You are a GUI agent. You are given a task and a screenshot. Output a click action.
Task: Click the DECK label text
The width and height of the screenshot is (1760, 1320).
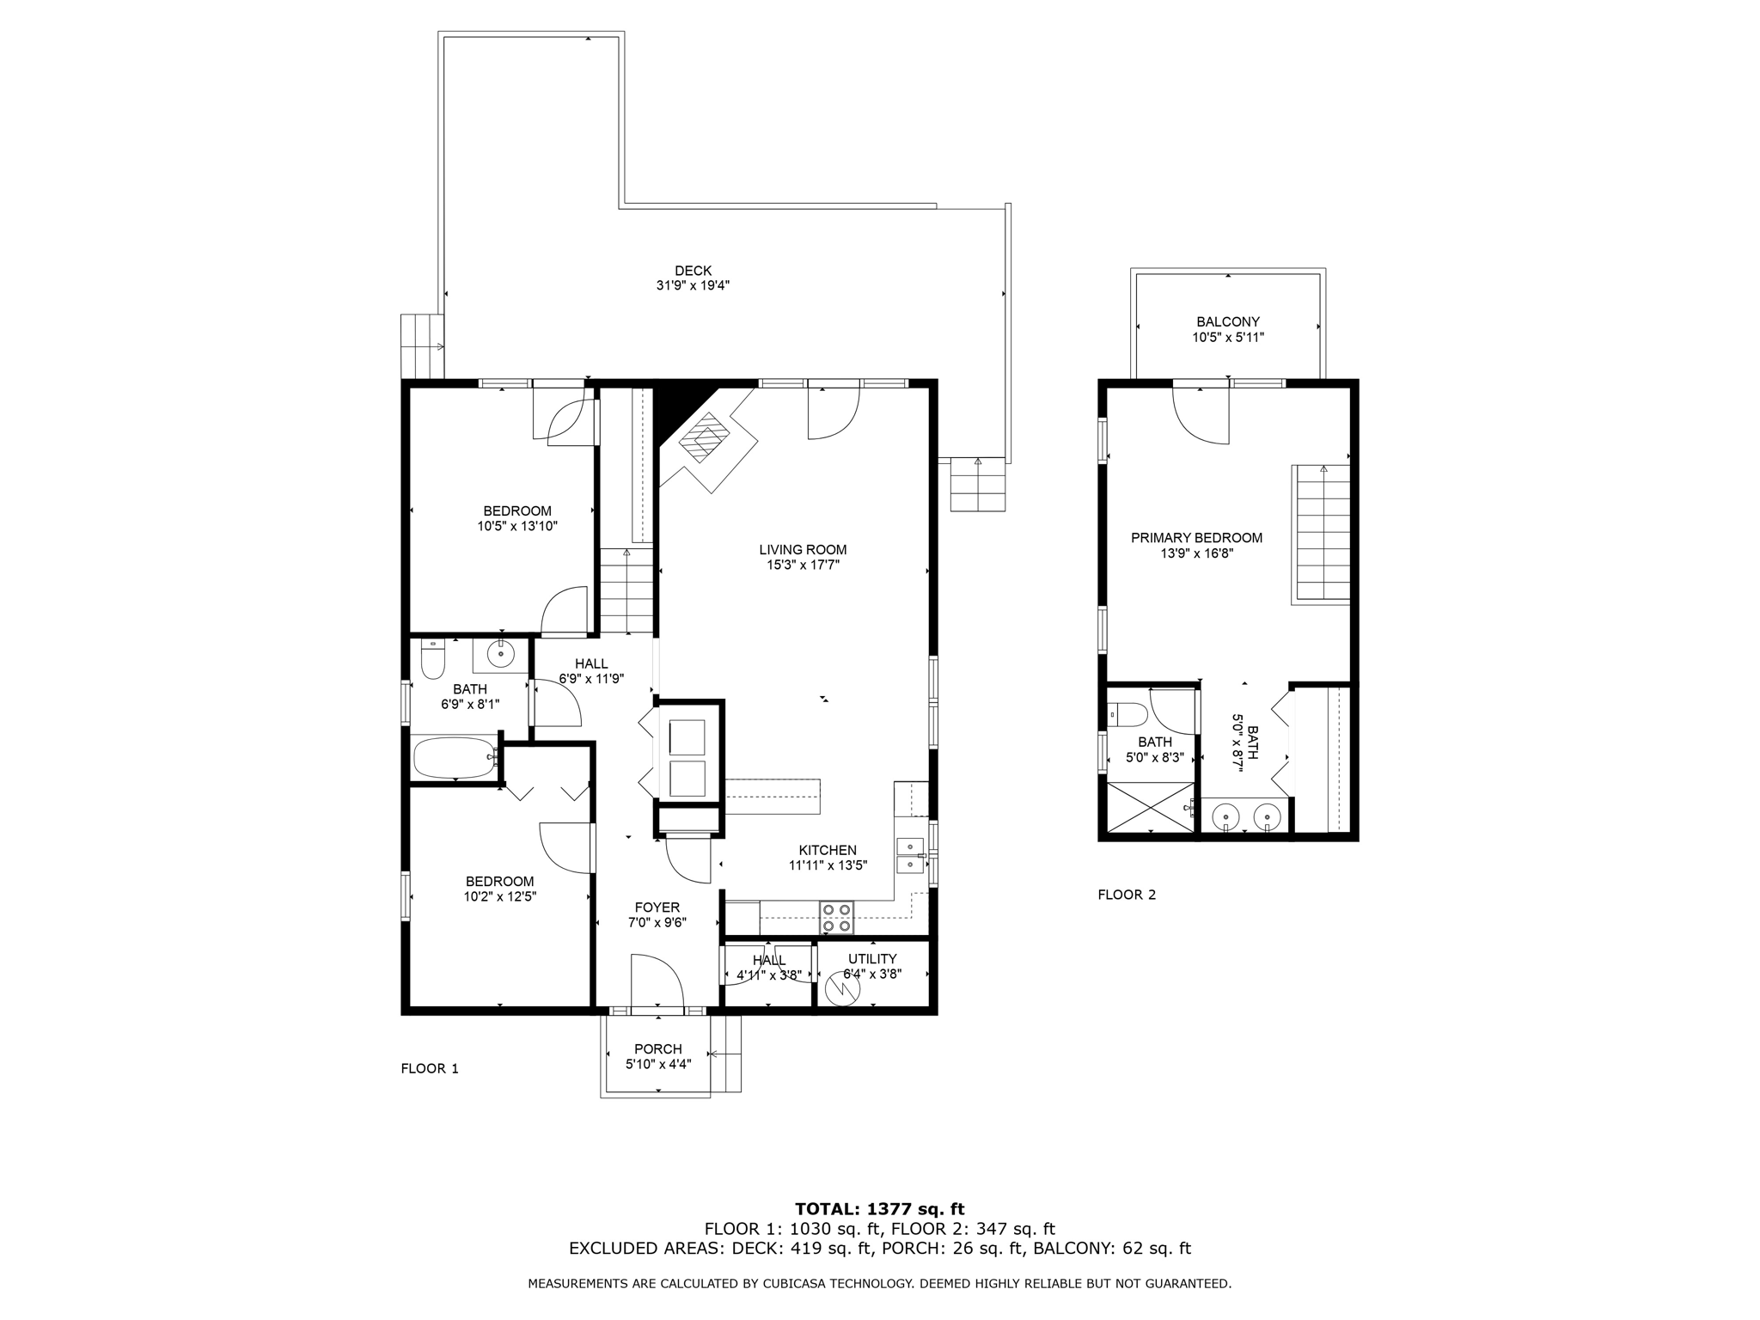(693, 271)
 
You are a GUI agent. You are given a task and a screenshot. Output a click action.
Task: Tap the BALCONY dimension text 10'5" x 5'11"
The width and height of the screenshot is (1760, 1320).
(1227, 338)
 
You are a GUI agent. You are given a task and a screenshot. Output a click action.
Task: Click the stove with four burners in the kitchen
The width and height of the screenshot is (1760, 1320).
(836, 918)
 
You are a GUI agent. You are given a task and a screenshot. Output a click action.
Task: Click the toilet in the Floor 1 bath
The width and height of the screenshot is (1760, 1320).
(433, 660)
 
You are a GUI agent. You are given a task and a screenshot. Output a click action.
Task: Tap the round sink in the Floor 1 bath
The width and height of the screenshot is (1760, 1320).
(500, 655)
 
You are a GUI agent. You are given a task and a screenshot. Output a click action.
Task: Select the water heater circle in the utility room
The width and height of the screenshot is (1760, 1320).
(842, 989)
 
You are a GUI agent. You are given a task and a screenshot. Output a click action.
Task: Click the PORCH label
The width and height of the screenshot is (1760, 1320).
(657, 1048)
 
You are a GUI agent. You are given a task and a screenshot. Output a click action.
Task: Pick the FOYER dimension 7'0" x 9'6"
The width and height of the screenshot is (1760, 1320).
(657, 923)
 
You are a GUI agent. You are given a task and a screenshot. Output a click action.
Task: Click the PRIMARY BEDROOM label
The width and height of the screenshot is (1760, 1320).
(1196, 538)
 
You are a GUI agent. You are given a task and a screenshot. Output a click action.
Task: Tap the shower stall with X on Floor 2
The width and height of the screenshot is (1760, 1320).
(1150, 807)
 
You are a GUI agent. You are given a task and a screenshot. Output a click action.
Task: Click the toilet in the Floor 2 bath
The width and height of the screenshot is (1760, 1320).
(1128, 714)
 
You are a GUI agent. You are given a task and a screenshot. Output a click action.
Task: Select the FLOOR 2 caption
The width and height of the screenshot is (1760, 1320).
(1127, 895)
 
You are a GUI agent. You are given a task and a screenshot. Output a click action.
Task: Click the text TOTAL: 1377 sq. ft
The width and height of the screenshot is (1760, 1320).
(879, 1209)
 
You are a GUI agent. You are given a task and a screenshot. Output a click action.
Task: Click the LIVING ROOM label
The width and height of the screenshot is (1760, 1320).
(803, 550)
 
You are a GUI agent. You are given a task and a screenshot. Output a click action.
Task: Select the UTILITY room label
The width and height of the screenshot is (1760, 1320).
(872, 959)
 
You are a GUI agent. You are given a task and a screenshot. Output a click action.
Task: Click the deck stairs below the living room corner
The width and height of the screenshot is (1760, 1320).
(978, 486)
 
